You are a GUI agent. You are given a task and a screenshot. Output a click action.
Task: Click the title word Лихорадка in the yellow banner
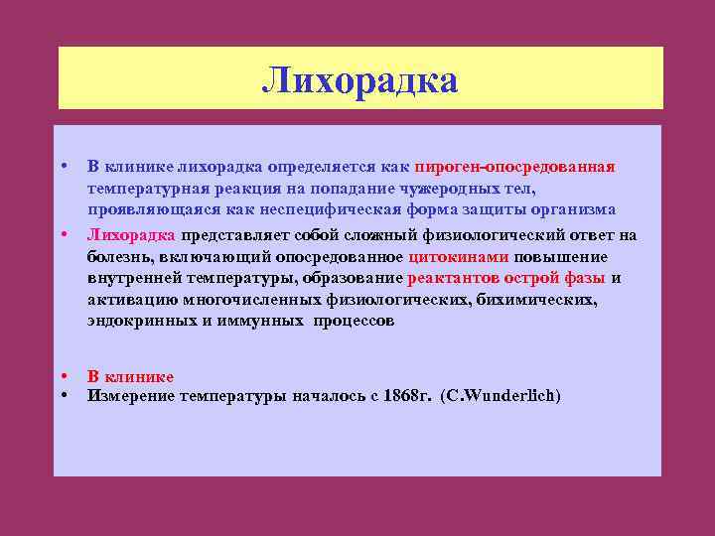pyautogui.click(x=359, y=80)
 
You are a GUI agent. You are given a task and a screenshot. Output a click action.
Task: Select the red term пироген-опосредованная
pyautogui.click(x=515, y=166)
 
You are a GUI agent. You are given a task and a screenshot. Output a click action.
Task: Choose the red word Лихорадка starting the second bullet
pyautogui.click(x=131, y=235)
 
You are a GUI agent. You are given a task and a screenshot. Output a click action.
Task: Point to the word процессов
pyautogui.click(x=355, y=322)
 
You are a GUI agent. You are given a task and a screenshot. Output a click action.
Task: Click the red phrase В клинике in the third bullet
pyautogui.click(x=130, y=377)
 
